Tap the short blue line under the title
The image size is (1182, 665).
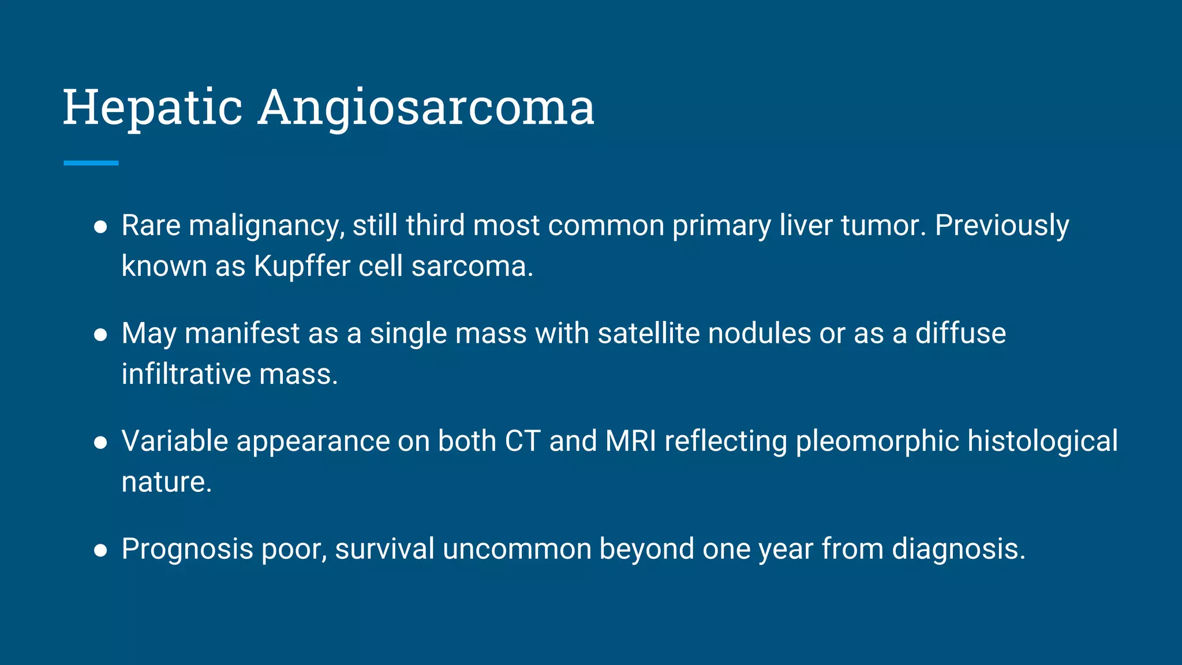(x=91, y=163)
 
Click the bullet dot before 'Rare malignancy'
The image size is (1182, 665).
(x=100, y=227)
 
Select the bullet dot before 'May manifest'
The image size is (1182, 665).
(x=100, y=335)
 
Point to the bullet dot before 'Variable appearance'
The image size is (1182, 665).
(x=100, y=443)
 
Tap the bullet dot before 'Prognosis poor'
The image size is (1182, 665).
(x=100, y=550)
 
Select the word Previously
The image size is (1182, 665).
(x=1001, y=226)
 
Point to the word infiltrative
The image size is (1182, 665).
(x=186, y=374)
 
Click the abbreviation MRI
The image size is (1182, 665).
(x=631, y=442)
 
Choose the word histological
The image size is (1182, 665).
(x=1042, y=442)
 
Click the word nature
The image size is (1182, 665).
(x=166, y=483)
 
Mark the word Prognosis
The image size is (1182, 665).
(x=187, y=550)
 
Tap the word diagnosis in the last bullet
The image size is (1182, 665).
(x=958, y=550)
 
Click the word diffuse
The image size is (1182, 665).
(x=960, y=334)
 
